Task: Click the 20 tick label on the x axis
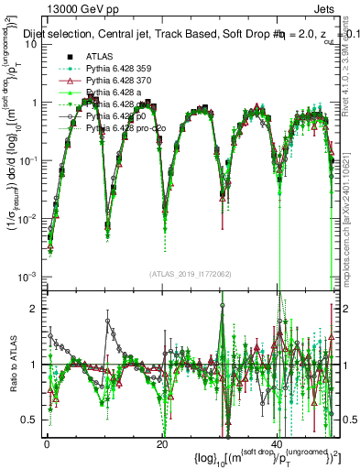coord(161,442)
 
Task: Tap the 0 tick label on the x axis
coord(46,442)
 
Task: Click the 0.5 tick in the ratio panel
coord(32,420)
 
